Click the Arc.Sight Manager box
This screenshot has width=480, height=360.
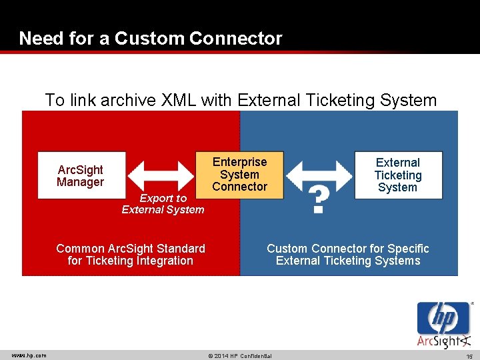pyautogui.click(x=81, y=176)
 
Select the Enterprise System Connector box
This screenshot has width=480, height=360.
pyautogui.click(x=239, y=175)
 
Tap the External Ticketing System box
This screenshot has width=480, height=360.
pyautogui.click(x=397, y=175)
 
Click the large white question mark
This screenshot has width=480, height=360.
pyautogui.click(x=319, y=200)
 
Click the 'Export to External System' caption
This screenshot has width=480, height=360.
pyautogui.click(x=163, y=204)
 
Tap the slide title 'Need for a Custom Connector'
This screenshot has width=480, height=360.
pyautogui.click(x=151, y=39)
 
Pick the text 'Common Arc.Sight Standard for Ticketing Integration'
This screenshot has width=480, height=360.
pyautogui.click(x=131, y=255)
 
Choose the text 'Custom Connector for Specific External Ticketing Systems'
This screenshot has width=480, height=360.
pyautogui.click(x=348, y=255)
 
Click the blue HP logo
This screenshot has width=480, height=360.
pyautogui.click(x=443, y=319)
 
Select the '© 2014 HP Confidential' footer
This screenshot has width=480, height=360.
pyautogui.click(x=239, y=355)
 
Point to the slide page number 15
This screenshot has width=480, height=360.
pyautogui.click(x=469, y=355)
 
